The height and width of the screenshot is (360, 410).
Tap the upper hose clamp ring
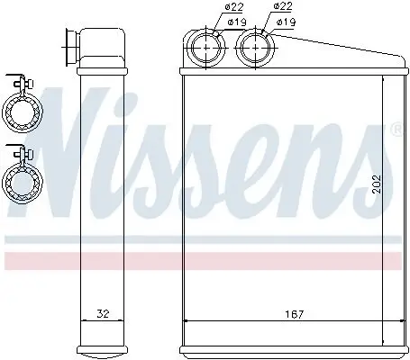tap(20, 112)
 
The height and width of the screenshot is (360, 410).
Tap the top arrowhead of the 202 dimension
tap(385, 79)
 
